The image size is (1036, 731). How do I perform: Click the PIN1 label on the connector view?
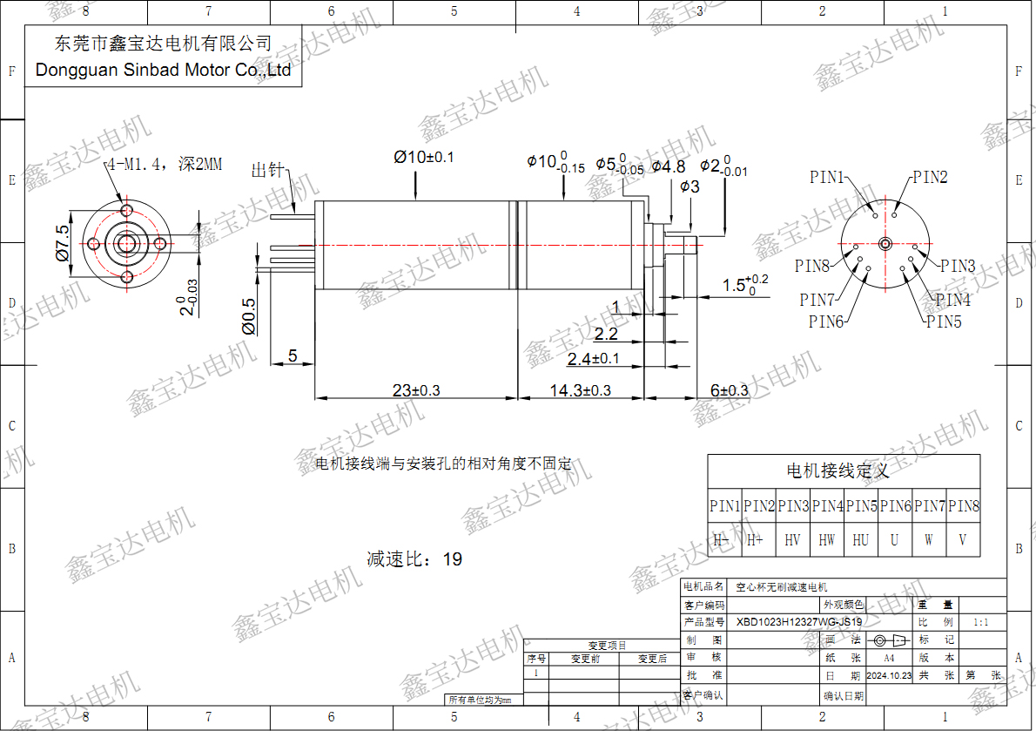pyautogui.click(x=828, y=178)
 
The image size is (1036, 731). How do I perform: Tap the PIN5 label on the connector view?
pyautogui.click(x=944, y=322)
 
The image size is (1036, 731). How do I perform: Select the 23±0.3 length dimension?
pyautogui.click(x=416, y=391)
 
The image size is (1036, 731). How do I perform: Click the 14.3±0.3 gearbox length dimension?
pyautogui.click(x=580, y=391)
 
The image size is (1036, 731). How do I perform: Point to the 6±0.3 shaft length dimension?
pyautogui.click(x=729, y=391)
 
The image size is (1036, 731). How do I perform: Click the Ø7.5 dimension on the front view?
pyautogui.click(x=62, y=242)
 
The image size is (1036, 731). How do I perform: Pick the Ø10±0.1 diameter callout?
pyautogui.click(x=423, y=157)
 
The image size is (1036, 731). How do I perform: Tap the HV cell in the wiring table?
pyautogui.click(x=792, y=540)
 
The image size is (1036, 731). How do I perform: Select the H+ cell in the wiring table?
pyautogui.click(x=756, y=540)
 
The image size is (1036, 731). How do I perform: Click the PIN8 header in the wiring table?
pyautogui.click(x=964, y=506)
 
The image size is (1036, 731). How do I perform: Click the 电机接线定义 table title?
pyautogui.click(x=838, y=471)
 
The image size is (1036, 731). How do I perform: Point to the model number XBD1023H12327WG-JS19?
pyautogui.click(x=799, y=622)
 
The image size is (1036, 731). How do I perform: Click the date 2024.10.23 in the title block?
pyautogui.click(x=888, y=675)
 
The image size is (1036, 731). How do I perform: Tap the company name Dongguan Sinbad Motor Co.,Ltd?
pyautogui.click(x=163, y=71)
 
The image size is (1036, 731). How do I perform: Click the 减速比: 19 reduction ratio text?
pyautogui.click(x=414, y=559)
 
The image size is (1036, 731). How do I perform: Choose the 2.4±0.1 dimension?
pyautogui.click(x=593, y=359)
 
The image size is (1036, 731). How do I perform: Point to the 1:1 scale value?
pyautogui.click(x=980, y=623)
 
